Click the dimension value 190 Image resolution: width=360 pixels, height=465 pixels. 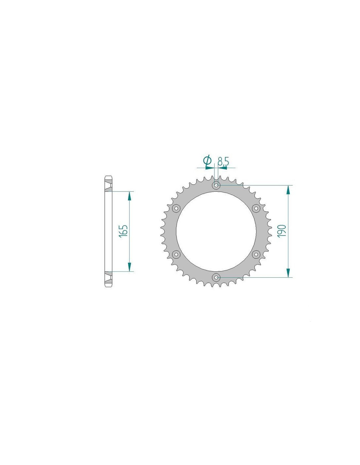click(281, 231)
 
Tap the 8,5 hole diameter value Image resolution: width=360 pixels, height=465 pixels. click(223, 161)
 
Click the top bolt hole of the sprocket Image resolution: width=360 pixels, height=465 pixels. click(216, 185)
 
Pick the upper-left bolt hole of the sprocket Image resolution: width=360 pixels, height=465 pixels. click(176, 208)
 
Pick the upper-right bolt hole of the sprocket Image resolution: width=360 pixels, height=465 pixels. click(256, 208)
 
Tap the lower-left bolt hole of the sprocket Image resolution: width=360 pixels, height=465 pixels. click(176, 254)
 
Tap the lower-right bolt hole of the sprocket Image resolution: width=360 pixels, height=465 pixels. click(256, 254)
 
